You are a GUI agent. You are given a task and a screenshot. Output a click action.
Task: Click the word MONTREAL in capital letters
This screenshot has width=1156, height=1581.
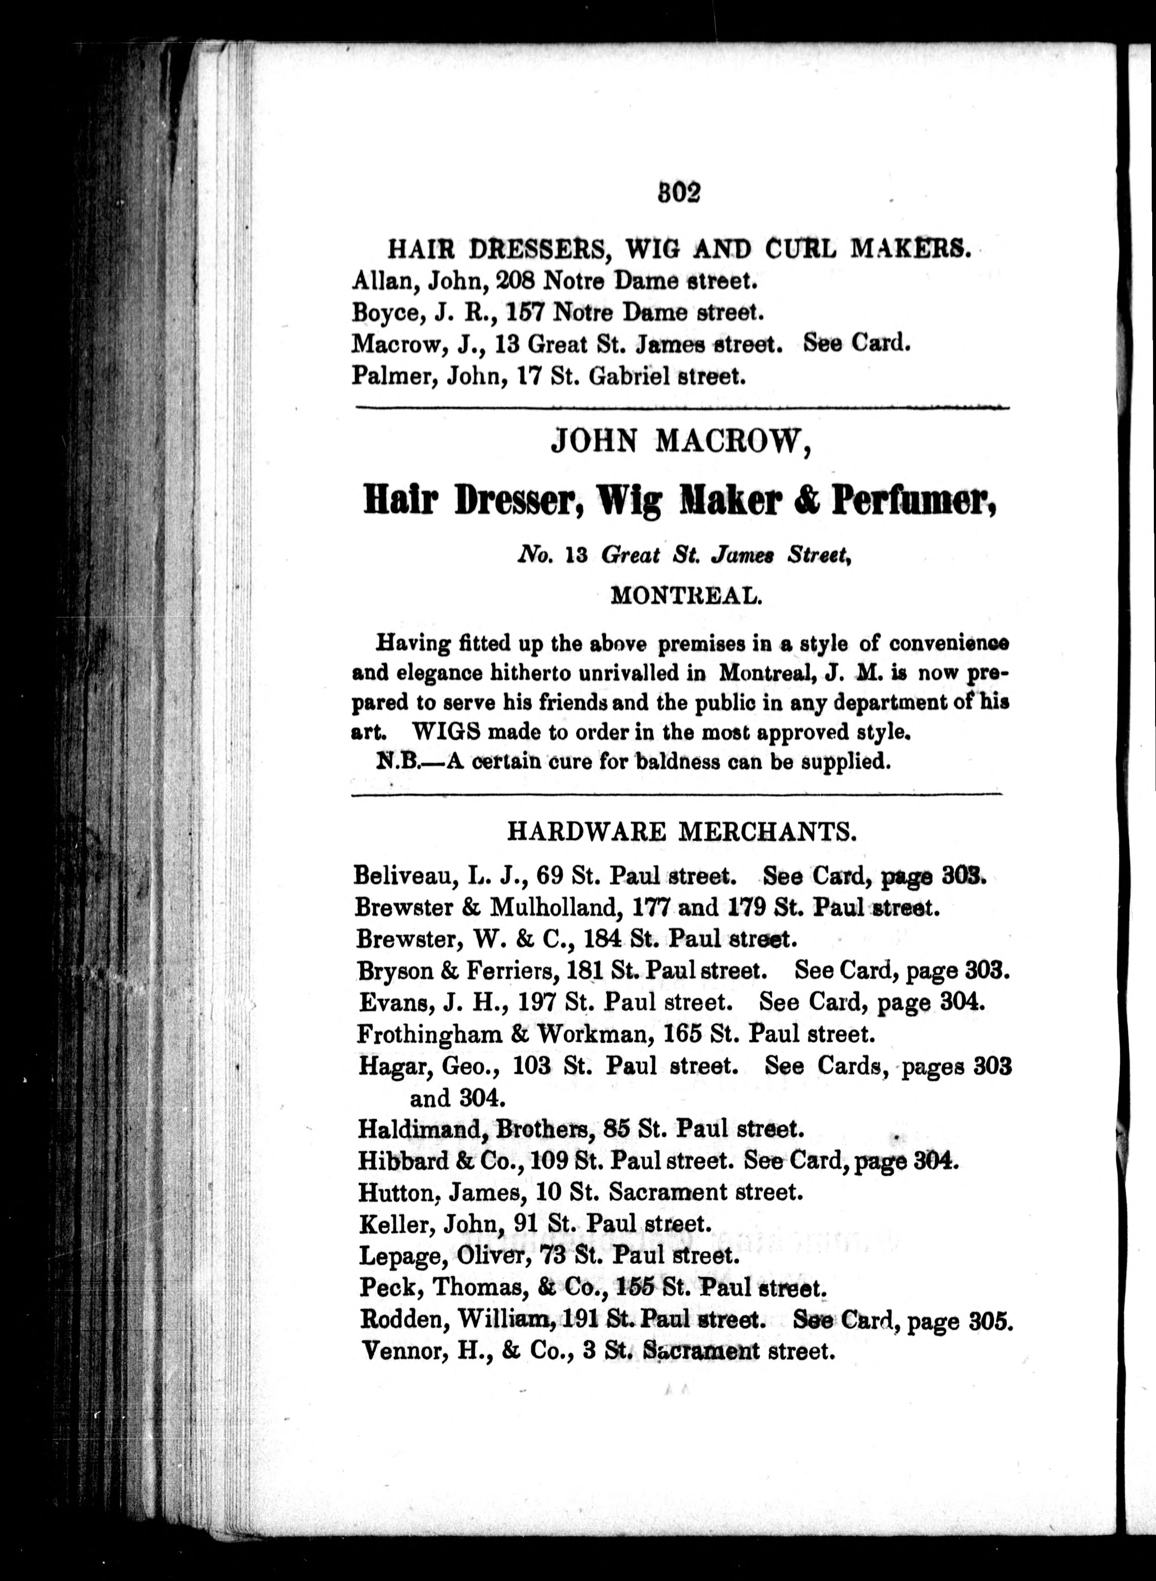pyautogui.click(x=686, y=596)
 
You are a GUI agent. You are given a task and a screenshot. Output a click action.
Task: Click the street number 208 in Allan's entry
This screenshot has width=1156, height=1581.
pyautogui.click(x=514, y=281)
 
